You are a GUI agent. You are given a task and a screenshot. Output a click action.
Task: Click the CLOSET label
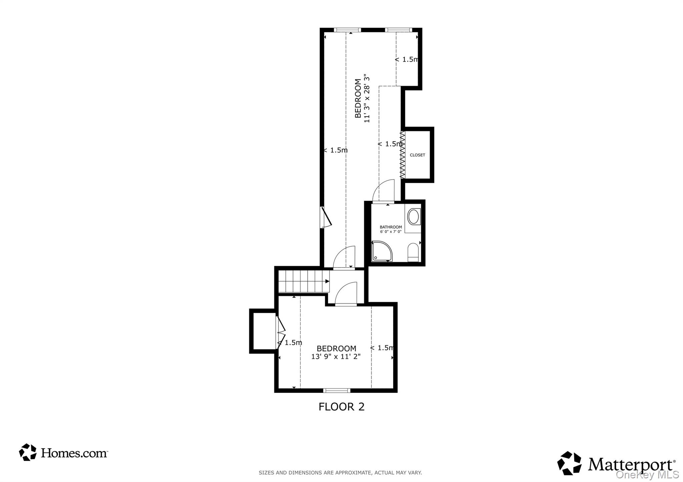(417, 155)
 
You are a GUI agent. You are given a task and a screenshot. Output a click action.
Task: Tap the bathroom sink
(414, 217)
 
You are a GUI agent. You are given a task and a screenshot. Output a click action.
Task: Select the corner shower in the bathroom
(381, 251)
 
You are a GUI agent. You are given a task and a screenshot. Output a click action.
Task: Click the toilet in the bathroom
(413, 252)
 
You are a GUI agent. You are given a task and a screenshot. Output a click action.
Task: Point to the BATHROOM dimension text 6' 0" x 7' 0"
(391, 232)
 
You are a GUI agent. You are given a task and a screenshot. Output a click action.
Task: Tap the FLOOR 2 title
(341, 407)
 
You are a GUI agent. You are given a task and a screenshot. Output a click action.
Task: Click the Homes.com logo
(63, 452)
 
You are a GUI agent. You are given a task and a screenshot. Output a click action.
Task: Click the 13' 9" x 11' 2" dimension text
(336, 357)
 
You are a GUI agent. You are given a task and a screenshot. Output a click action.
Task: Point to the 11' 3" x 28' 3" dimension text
(367, 98)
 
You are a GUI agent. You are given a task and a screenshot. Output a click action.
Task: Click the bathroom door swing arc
(384, 191)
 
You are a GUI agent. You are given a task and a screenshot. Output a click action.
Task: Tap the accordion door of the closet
(403, 155)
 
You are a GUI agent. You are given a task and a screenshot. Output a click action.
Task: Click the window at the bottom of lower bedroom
(336, 390)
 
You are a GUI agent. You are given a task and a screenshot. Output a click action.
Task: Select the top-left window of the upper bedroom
(347, 30)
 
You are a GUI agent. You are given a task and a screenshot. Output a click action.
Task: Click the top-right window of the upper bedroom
(398, 30)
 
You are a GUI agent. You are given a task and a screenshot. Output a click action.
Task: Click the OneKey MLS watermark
(647, 474)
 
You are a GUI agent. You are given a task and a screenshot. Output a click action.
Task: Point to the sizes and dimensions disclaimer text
(340, 473)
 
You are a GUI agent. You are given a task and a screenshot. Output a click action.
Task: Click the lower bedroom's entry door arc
(346, 293)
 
